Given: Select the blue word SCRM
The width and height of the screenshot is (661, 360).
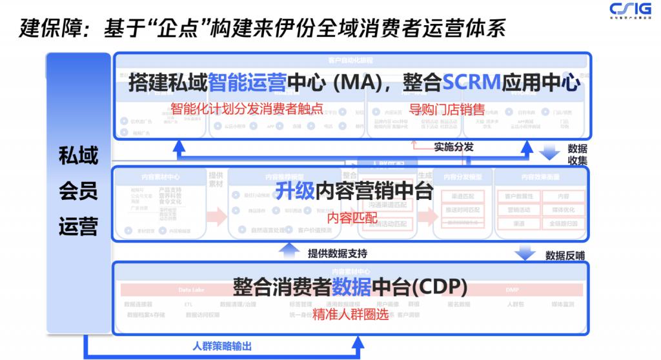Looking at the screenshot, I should coord(472,82).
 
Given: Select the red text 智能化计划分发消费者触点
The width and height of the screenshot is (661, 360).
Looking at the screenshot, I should coord(247,108).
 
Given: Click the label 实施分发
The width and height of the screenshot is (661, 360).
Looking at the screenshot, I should coord(454,146).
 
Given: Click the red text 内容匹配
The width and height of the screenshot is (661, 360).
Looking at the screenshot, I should coord(352,217).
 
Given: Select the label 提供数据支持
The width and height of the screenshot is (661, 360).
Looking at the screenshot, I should coord(338,254).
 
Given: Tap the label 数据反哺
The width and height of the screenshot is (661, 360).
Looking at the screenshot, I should coord(565,255).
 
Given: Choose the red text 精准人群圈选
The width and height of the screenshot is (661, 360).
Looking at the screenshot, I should coord(351,315).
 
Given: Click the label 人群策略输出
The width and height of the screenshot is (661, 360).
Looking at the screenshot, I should coord(222,346).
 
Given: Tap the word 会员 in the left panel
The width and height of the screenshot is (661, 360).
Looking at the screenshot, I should coord(78,191).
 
